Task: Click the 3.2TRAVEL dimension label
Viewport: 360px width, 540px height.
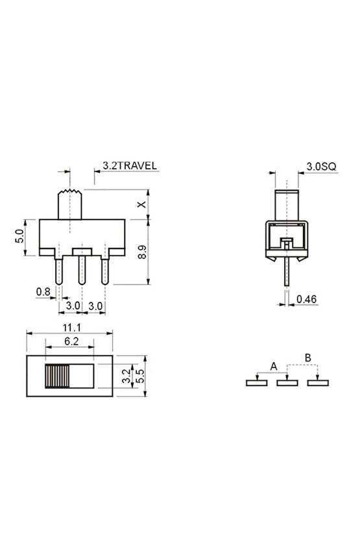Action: [130, 166]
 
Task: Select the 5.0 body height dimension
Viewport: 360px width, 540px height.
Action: [19, 235]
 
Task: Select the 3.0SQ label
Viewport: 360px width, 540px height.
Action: [320, 166]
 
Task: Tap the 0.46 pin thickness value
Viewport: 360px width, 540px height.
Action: [307, 299]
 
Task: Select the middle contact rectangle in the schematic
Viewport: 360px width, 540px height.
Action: [287, 383]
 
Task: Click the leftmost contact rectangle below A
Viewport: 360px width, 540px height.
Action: [257, 383]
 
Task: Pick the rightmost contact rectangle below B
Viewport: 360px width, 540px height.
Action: [317, 383]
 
